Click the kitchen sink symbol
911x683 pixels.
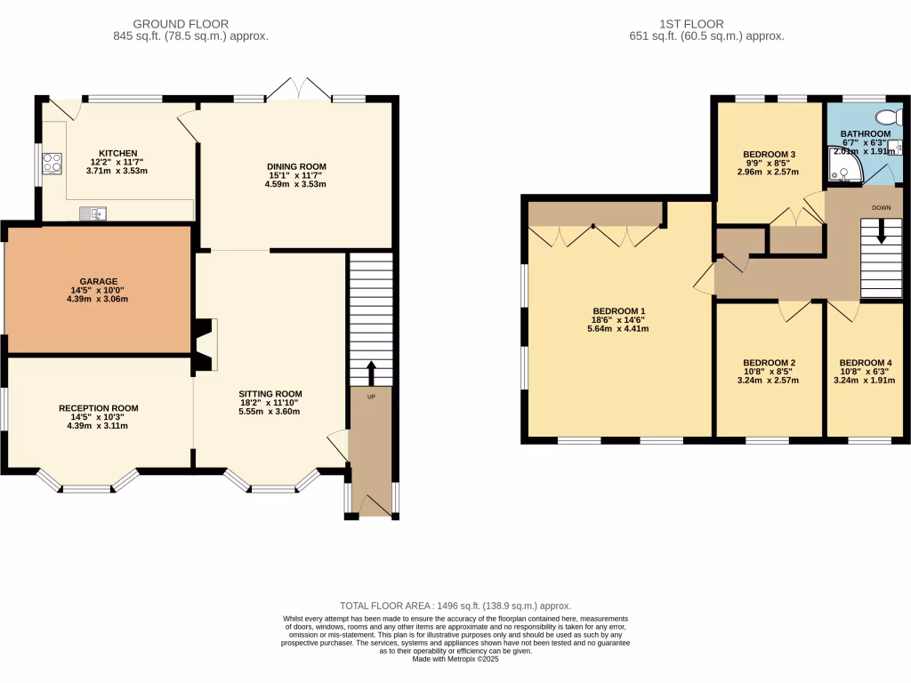[x=93, y=212]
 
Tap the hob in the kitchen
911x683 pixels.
[x=52, y=163]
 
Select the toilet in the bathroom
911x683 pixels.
[x=886, y=117]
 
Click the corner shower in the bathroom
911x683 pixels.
[x=839, y=165]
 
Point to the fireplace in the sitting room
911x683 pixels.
[x=206, y=345]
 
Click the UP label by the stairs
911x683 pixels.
[x=371, y=397]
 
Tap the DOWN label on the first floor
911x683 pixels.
[x=881, y=207]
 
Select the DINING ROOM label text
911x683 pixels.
[x=296, y=166]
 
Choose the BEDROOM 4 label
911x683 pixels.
[x=865, y=363]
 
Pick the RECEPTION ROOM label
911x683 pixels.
[x=98, y=408]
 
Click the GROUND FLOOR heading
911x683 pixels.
[x=181, y=24]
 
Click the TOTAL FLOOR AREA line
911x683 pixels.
[x=455, y=606]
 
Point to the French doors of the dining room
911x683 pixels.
[x=299, y=89]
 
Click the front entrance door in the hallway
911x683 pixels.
[x=372, y=505]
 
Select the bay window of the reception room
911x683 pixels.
[x=87, y=483]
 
